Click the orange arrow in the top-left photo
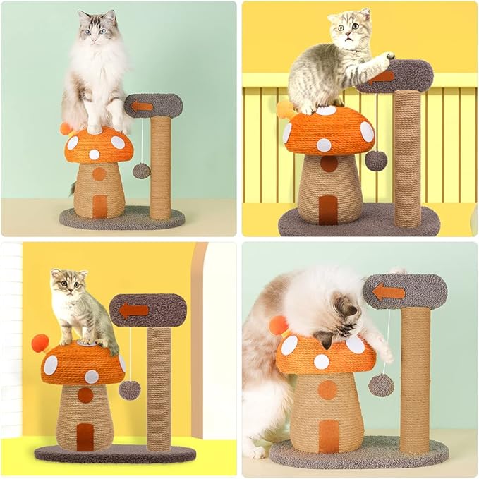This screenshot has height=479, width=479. tap(143, 106)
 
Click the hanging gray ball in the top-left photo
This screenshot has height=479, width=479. tap(141, 171)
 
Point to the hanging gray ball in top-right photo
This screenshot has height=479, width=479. tap(376, 160)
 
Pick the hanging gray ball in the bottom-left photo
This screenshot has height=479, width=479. tap(129, 389)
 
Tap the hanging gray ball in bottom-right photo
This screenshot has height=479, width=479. tap(382, 384)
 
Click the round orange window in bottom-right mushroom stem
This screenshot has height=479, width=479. tap(327, 389)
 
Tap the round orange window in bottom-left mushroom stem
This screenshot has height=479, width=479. tap(85, 395)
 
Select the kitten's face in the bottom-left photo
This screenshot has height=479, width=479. tap(68, 284)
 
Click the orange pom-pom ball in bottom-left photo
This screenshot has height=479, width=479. tap(40, 343)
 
